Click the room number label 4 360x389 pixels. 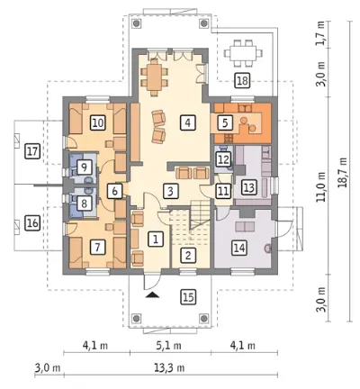188,122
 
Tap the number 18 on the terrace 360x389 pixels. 242,81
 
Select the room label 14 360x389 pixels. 239,248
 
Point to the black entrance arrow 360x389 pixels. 153,294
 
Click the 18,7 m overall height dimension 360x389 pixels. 343,173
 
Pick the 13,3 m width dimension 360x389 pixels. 169,367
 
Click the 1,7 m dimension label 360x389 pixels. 320,33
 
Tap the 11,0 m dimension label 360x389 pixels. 322,186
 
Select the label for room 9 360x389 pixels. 84,167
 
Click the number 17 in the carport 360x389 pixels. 32,151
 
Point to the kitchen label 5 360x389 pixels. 225,122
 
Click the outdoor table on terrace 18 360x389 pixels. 243,53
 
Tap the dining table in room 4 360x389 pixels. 154,77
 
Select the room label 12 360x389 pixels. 223,159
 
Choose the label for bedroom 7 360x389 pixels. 97,248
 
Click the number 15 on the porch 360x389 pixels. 188,297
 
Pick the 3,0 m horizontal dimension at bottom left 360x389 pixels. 48,367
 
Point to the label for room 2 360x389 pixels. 188,256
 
